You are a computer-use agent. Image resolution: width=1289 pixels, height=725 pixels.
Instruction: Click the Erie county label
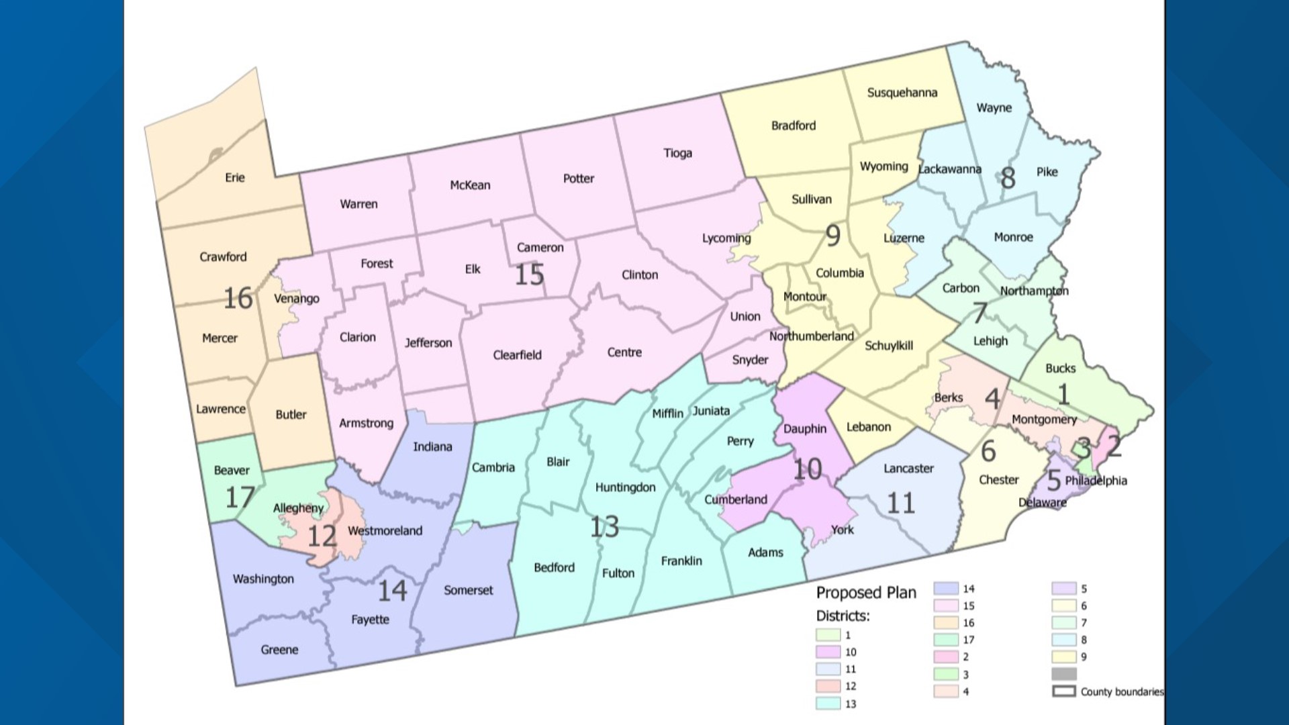point(235,177)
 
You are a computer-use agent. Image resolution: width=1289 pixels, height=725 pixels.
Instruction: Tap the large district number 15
point(529,275)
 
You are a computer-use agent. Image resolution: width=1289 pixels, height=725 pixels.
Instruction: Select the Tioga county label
point(677,153)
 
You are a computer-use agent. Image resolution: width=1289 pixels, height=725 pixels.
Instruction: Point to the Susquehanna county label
point(902,93)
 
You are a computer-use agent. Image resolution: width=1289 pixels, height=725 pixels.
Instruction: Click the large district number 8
point(1008,178)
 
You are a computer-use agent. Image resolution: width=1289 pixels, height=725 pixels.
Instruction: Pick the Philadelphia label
point(1096,481)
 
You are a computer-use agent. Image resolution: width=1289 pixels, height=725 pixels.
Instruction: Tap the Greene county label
point(279,649)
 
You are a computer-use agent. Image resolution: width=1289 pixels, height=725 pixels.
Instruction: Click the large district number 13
point(604,527)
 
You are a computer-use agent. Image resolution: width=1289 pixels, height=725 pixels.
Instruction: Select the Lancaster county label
point(908,469)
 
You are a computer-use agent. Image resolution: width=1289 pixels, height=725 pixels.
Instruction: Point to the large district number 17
point(239,497)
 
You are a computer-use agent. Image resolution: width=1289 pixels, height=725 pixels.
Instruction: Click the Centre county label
point(624,352)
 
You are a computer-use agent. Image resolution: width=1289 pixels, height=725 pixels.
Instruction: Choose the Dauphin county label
point(804,429)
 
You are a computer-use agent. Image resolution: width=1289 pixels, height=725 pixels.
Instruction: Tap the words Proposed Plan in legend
point(866,593)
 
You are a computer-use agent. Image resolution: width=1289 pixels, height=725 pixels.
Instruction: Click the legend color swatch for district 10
point(828,652)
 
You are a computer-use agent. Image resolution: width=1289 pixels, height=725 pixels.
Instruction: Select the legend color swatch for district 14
point(945,589)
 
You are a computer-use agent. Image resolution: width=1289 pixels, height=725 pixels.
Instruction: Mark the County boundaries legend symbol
point(1064,691)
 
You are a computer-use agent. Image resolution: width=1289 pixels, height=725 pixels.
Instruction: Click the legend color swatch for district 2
point(945,657)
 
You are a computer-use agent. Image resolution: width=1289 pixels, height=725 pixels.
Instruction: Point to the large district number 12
point(322,536)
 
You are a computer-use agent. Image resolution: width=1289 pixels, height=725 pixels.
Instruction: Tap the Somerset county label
point(468,590)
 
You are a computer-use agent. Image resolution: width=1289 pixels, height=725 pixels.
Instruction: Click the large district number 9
point(832,236)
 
